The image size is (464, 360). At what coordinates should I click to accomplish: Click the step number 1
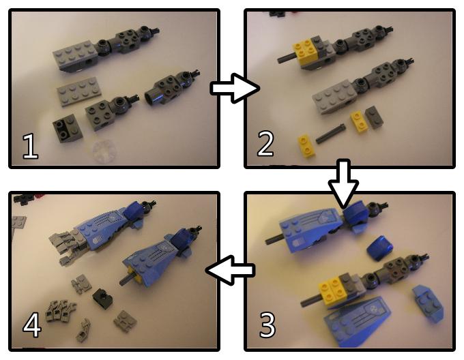[x=31, y=146]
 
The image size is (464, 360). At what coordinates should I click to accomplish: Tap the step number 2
[x=265, y=143]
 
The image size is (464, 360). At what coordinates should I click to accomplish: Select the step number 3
[x=267, y=325]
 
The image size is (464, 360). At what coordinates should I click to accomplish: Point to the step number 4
[x=32, y=325]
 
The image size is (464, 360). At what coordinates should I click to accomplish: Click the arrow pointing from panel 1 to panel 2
[x=235, y=88]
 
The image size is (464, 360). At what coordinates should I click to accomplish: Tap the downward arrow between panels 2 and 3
[x=343, y=184]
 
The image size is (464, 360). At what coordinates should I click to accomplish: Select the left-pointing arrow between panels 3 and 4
[x=230, y=271]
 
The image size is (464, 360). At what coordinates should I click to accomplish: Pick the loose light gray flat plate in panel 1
[x=79, y=91]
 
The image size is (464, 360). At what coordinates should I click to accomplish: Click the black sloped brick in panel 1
[x=66, y=127]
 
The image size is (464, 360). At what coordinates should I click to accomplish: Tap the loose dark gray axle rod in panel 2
[x=330, y=134]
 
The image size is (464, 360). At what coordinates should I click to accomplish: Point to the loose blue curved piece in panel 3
[x=380, y=248]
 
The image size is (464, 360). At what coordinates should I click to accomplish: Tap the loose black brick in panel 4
[x=102, y=299]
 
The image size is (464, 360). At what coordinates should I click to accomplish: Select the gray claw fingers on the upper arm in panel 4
[x=69, y=247]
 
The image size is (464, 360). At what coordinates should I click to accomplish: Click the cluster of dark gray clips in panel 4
[x=60, y=311]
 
